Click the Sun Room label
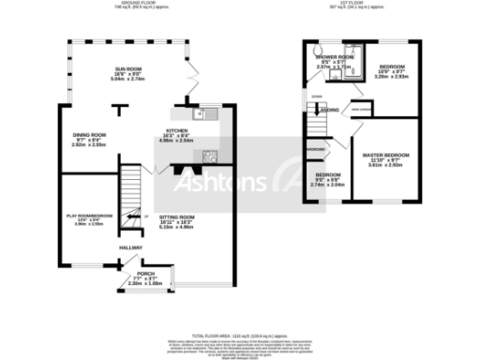click(x=128, y=74)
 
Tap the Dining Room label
click(x=90, y=140)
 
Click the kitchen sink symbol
click(x=201, y=113)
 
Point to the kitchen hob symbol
click(x=208, y=157)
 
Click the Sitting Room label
click(x=175, y=221)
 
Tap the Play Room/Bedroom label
click(x=89, y=219)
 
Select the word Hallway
click(x=129, y=247)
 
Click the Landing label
click(x=330, y=111)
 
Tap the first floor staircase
click(x=310, y=117)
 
